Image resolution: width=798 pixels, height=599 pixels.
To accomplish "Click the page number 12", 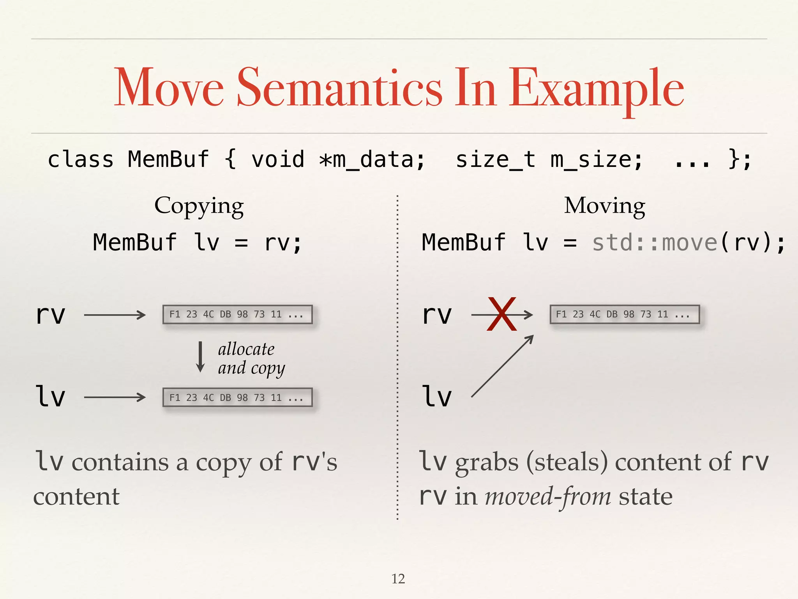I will pyautogui.click(x=398, y=579).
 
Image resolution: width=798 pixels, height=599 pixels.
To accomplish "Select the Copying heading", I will pyautogui.click(x=199, y=206).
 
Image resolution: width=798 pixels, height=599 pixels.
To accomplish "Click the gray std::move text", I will pyautogui.click(x=655, y=243).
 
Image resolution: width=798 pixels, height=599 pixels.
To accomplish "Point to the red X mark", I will pyautogui.click(x=501, y=314).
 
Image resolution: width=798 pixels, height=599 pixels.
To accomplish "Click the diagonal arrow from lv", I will pyautogui.click(x=502, y=367).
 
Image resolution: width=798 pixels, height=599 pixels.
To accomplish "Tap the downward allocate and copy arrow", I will pyautogui.click(x=200, y=357).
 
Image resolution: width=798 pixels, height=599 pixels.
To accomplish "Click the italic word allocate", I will pyautogui.click(x=246, y=349).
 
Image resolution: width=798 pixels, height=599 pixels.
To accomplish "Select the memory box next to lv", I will pyautogui.click(x=238, y=397).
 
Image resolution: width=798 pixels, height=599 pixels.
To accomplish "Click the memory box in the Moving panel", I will pyautogui.click(x=625, y=314).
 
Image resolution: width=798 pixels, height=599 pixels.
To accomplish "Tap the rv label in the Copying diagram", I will pyautogui.click(x=50, y=315).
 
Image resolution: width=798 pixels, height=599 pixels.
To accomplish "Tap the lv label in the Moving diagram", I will pyautogui.click(x=437, y=397).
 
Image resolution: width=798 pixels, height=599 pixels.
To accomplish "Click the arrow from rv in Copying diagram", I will pyautogui.click(x=115, y=315).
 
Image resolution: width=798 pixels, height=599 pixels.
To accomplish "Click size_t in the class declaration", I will pyautogui.click(x=496, y=160).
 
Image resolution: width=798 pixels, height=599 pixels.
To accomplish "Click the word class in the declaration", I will pyautogui.click(x=81, y=160).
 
